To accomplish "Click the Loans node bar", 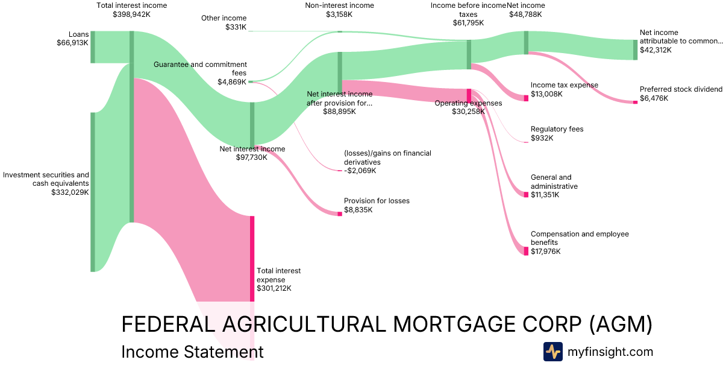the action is click(x=93, y=47).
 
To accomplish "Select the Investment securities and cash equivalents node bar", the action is click(x=93, y=192).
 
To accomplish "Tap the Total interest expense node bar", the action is click(x=252, y=258).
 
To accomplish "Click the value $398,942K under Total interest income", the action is click(x=131, y=14).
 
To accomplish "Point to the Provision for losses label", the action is click(x=377, y=201).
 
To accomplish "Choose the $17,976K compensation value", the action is click(x=545, y=252).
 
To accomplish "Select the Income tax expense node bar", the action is click(x=526, y=98).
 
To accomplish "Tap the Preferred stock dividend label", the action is click(x=681, y=89).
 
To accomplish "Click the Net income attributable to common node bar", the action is click(x=635, y=49).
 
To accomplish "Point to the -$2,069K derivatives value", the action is click(x=360, y=171).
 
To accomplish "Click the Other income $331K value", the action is click(x=236, y=27).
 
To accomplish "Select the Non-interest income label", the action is click(x=339, y=5).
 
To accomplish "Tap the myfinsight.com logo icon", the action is click(x=552, y=352).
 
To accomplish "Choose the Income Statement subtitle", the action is click(x=192, y=352).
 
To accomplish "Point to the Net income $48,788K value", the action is click(x=526, y=14).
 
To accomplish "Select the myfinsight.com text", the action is click(x=610, y=352).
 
